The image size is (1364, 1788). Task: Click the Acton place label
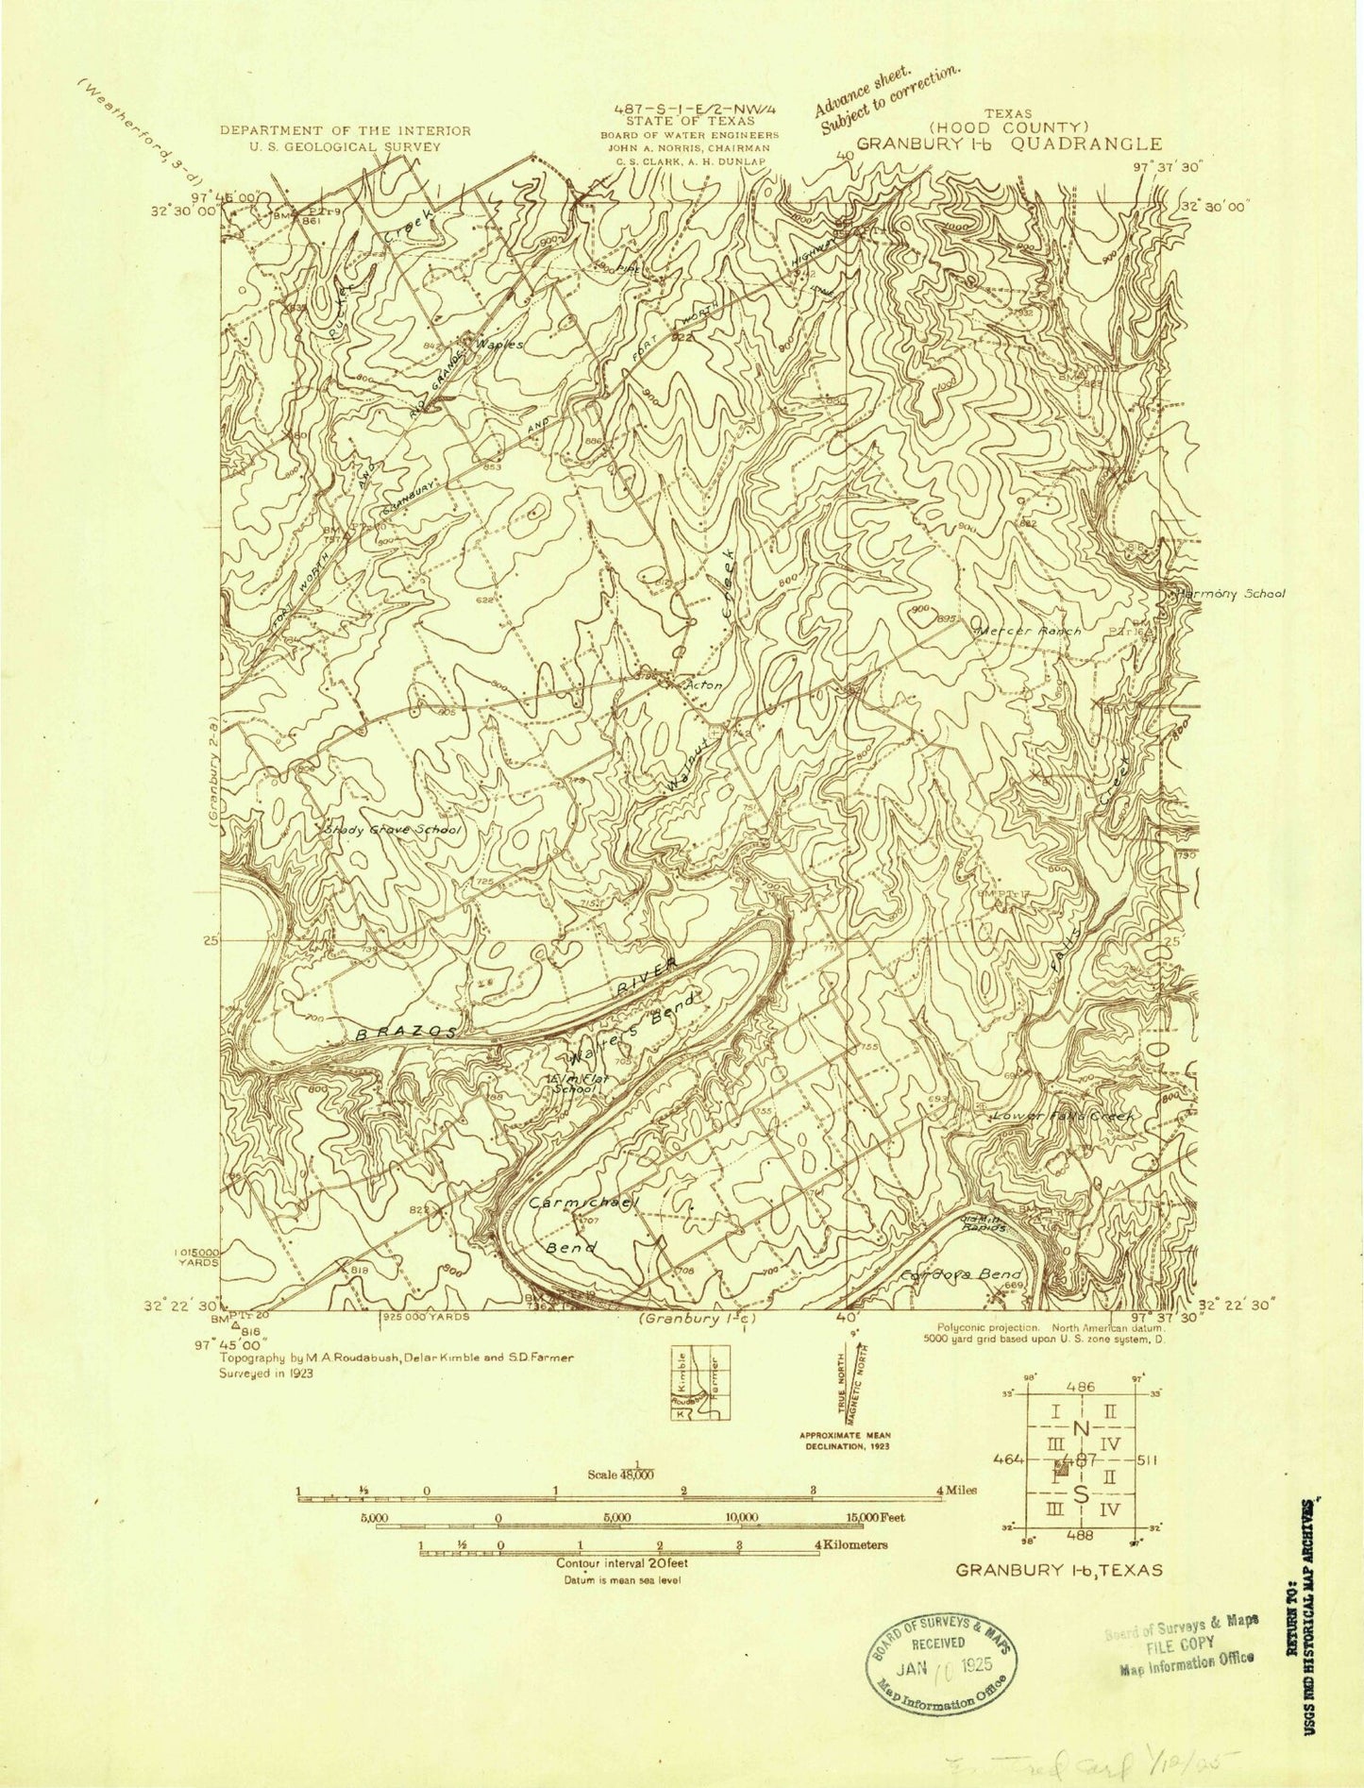click(x=704, y=685)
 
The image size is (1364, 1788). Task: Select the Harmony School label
click(x=1230, y=594)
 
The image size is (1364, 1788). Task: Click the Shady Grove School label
click(x=393, y=831)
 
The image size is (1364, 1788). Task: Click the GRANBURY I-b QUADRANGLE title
click(x=1009, y=144)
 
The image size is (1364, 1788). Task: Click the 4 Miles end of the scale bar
click(x=956, y=1490)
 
